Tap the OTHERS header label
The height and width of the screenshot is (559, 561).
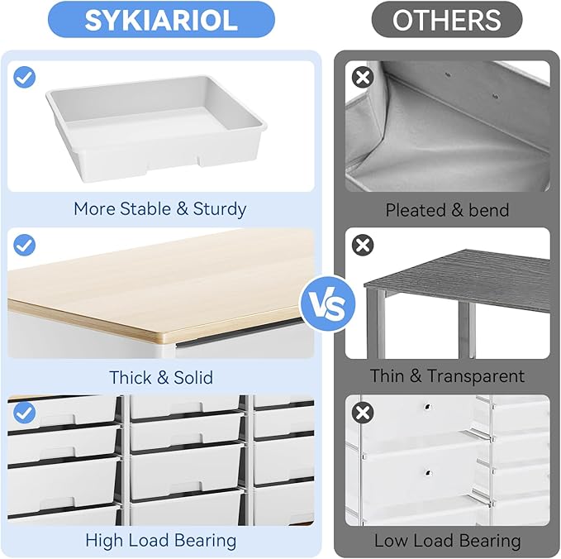pos(446,20)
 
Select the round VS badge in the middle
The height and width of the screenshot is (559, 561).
pos(327,305)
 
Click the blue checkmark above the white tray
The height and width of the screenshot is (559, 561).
pos(25,78)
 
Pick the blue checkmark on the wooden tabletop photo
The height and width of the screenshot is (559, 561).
pos(25,245)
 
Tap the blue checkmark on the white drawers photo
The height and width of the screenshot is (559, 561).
pos(25,411)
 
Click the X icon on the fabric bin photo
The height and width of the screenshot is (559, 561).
pos(362,78)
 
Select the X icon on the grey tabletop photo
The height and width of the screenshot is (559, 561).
pos(362,245)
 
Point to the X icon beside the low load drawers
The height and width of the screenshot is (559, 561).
pos(362,412)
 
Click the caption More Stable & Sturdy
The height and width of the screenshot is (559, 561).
pos(160,209)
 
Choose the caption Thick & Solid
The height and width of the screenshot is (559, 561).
pos(160,377)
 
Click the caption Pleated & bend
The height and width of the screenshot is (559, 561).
pos(447,210)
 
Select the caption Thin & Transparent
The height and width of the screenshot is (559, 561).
pos(447,376)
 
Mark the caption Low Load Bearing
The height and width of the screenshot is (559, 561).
pos(447,542)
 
